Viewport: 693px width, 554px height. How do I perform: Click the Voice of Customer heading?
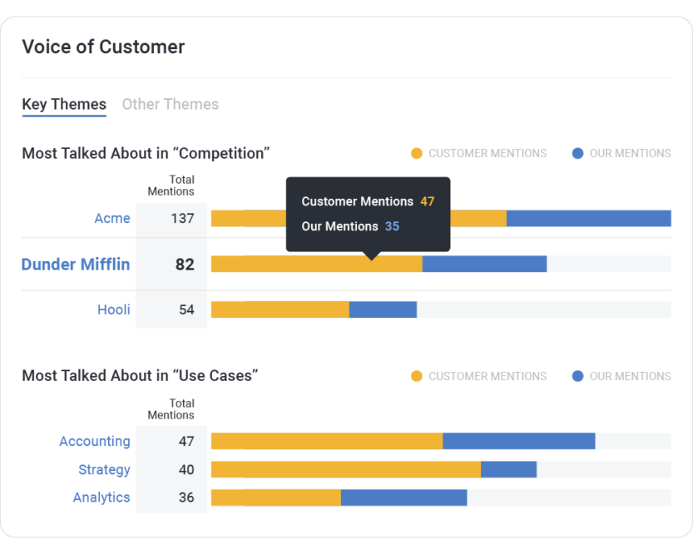(x=103, y=47)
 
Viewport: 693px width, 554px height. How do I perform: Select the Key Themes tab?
(x=64, y=105)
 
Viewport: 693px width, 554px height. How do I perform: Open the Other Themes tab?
(x=170, y=105)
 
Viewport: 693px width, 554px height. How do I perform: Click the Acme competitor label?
(x=112, y=219)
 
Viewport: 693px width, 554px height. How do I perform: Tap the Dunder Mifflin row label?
(x=76, y=265)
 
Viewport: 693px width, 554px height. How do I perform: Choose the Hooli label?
(x=114, y=310)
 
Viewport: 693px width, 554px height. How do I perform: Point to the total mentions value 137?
(x=181, y=219)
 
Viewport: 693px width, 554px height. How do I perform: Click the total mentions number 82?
(x=185, y=265)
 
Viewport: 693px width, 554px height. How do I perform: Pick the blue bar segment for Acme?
(x=588, y=219)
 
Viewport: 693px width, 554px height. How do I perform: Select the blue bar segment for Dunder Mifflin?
(x=484, y=265)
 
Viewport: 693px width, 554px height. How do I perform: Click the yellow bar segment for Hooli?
(x=280, y=310)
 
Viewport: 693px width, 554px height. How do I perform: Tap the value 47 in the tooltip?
(x=427, y=201)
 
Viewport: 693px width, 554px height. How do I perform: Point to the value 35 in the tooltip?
(x=392, y=226)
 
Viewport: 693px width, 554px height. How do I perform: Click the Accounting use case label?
(x=95, y=442)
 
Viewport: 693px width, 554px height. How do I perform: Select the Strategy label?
(x=104, y=470)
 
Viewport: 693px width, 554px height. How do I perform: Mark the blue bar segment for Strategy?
(x=508, y=470)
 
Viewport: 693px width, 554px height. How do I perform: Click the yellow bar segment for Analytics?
(x=275, y=497)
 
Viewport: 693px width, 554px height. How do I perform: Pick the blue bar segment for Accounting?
(x=518, y=442)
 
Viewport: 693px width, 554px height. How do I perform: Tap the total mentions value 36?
(x=186, y=497)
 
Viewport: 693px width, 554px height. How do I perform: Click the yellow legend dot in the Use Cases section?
(x=417, y=376)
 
